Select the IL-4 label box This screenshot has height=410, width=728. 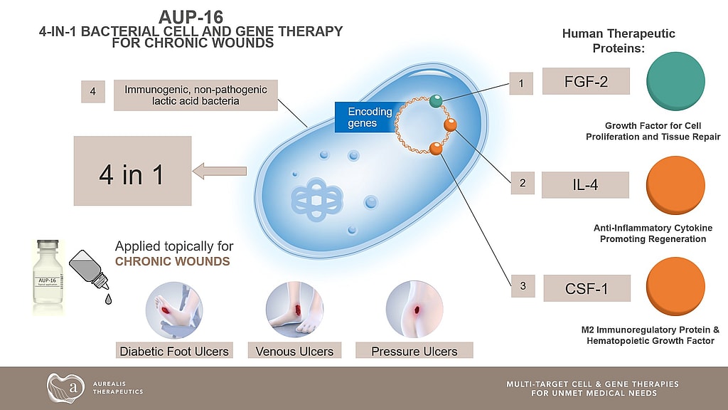[585, 184]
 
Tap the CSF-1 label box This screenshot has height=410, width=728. [587, 288]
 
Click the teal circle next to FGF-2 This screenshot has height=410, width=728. [676, 80]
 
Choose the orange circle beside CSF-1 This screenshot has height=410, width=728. [676, 288]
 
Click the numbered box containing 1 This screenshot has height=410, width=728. [521, 84]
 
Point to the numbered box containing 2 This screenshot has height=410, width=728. [523, 184]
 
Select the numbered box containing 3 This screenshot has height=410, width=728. [523, 287]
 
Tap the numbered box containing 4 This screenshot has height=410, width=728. [92, 91]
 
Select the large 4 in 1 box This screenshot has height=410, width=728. [132, 171]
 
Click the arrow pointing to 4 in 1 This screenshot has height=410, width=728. [220, 171]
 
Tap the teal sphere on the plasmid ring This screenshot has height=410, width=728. [436, 102]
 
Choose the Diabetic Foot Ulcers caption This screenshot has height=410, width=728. [174, 351]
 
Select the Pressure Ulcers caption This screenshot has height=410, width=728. [414, 351]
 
